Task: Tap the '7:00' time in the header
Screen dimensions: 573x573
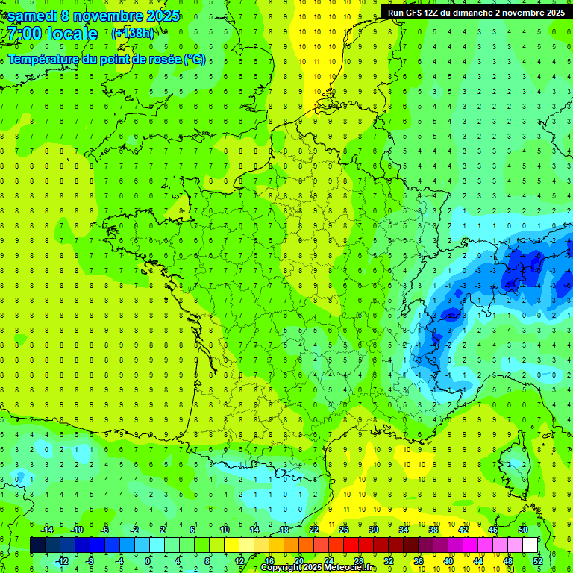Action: [22, 34]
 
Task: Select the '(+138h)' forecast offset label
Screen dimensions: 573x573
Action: [132, 34]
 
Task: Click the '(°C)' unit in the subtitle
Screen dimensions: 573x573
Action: [195, 59]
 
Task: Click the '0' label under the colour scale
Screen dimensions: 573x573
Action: [148, 560]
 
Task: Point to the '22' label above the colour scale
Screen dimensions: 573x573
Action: [314, 529]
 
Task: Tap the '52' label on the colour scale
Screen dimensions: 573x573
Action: [538, 560]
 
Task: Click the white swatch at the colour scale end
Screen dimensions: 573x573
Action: [530, 545]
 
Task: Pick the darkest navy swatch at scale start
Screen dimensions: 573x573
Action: [37, 545]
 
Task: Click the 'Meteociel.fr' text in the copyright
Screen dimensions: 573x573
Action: [350, 568]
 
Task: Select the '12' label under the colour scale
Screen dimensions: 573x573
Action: [239, 560]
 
